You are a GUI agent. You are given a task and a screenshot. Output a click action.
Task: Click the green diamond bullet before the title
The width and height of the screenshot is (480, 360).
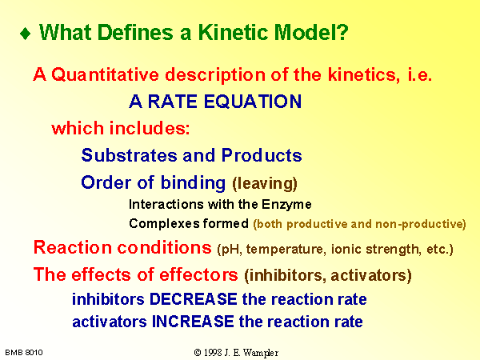[26, 34]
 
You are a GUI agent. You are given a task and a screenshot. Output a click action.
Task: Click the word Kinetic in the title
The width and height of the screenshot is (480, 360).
[233, 32]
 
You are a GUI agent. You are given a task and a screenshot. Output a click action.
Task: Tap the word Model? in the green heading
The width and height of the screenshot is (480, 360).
[311, 32]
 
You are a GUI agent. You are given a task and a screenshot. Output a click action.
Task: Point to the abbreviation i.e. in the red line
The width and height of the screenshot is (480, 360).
[419, 74]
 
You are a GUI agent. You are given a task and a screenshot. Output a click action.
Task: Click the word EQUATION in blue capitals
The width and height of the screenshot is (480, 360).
[253, 102]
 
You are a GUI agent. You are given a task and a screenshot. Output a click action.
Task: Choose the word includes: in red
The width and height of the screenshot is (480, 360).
[150, 128]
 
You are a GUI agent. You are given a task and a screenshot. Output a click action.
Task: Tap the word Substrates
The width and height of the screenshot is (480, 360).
[129, 155]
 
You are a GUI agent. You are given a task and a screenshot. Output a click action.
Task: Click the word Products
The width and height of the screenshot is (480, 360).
[262, 155]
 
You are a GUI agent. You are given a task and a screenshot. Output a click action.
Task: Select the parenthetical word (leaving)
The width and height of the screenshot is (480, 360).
[265, 184]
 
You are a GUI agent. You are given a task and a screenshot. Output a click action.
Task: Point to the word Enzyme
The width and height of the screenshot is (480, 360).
[286, 205]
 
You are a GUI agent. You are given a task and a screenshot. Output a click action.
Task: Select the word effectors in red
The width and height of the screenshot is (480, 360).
[198, 274]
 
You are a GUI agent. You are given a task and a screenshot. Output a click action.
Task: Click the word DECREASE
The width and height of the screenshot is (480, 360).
[193, 299]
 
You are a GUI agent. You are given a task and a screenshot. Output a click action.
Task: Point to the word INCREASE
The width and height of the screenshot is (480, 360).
[193, 322]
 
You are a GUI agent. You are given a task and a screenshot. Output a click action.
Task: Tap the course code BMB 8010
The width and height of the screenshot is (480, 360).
[24, 353]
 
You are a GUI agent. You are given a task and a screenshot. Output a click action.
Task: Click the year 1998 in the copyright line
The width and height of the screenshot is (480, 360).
[213, 353]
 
